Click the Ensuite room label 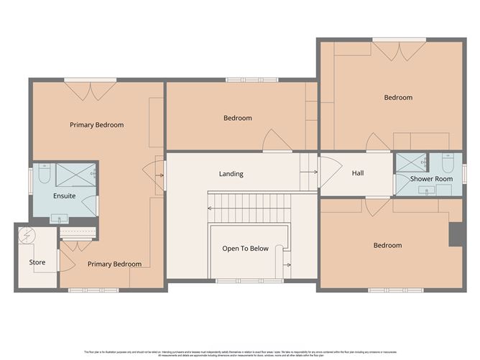tap(64, 195)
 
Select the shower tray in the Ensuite tap(76, 175)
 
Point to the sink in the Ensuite tap(60, 217)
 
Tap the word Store tap(37, 262)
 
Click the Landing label tap(231, 174)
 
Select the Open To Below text tap(245, 249)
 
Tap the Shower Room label tap(431, 179)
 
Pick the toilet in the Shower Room tap(447, 163)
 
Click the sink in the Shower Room tap(428, 191)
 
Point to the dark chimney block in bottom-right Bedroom tap(454, 234)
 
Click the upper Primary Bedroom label tap(96, 125)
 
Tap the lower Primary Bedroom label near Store tap(114, 264)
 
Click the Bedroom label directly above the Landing tap(237, 118)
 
